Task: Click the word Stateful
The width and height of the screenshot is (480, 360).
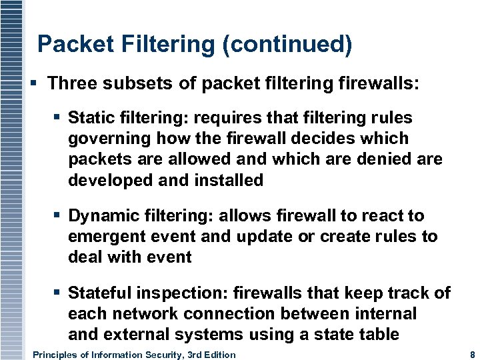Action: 97,293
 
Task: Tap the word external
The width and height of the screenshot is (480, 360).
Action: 137,334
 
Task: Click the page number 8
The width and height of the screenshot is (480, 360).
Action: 472,355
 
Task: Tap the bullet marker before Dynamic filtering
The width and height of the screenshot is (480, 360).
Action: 58,215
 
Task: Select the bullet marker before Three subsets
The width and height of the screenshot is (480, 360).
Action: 34,83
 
